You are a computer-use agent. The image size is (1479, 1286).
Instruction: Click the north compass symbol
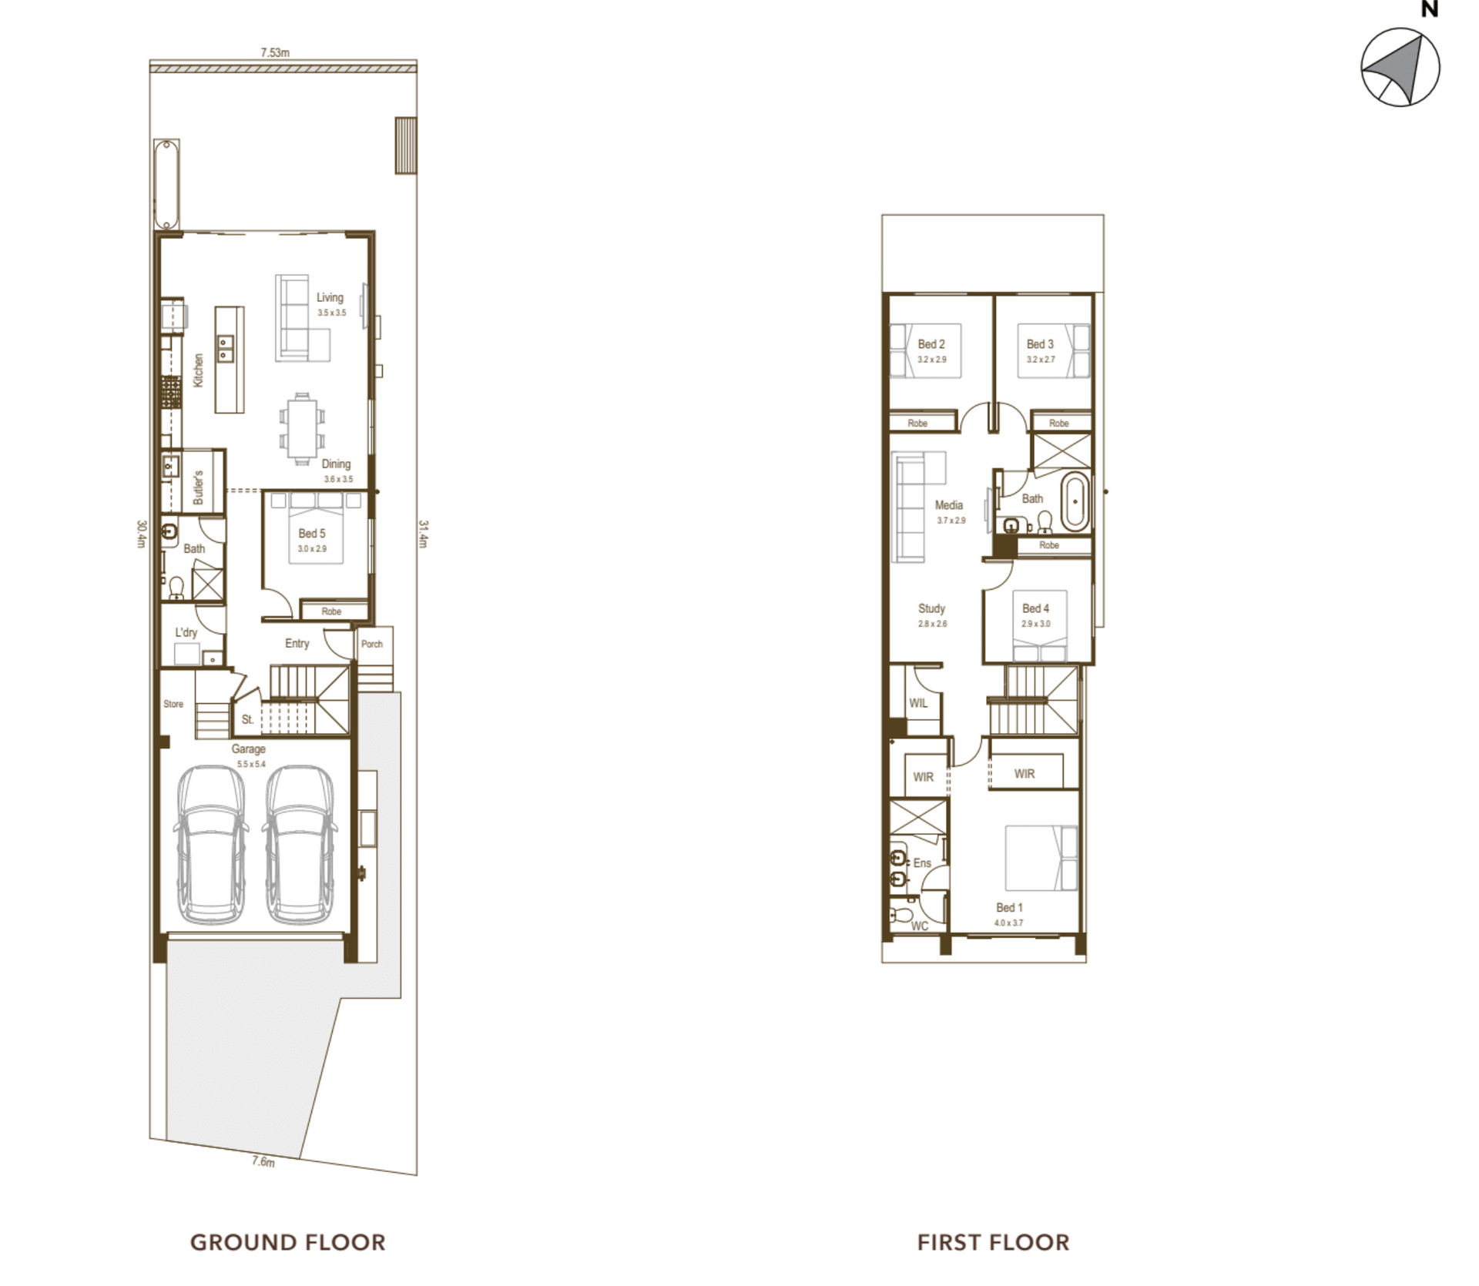1400,68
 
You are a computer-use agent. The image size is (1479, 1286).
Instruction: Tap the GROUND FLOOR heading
287,1242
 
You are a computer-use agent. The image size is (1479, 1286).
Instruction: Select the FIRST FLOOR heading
993,1242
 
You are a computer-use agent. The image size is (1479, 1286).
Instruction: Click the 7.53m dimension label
275,53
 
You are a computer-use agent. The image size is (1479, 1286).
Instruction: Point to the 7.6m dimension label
263,1161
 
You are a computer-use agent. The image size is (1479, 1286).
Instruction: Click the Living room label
330,297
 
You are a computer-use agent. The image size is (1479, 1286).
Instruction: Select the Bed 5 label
312,533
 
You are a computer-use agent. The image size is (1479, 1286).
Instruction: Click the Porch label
372,644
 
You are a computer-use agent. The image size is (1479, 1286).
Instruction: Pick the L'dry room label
186,632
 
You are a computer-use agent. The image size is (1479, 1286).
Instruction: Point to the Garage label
249,748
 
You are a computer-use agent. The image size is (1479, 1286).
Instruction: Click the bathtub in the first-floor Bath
1075,503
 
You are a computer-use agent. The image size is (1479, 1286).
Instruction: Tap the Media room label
949,505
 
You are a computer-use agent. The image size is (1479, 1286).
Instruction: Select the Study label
931,608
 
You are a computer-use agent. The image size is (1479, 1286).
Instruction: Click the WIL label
918,703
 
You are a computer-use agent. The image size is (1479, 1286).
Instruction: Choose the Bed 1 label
1009,908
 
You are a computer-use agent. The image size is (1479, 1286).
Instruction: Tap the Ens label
922,863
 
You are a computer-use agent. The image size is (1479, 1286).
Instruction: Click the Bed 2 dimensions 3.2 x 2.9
931,360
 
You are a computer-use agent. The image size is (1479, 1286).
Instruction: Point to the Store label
173,704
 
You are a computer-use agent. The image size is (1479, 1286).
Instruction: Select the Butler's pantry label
198,487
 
